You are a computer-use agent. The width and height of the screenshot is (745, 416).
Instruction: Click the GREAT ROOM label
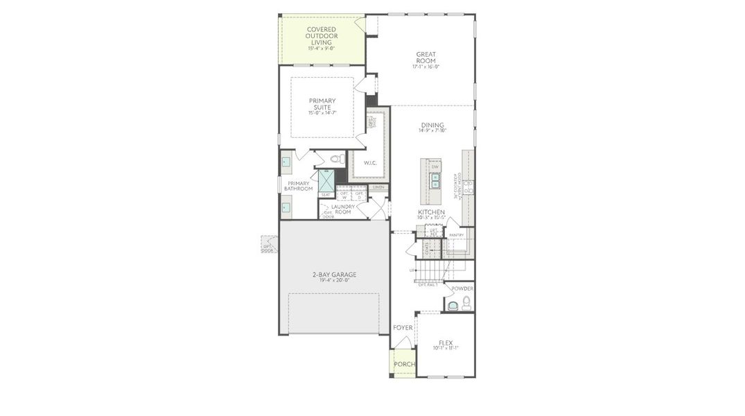point(426,57)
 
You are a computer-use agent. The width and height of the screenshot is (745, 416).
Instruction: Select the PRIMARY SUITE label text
point(322,104)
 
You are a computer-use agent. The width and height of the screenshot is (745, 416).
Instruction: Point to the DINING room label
point(432,125)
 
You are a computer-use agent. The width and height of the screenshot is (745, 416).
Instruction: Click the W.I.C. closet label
point(369,164)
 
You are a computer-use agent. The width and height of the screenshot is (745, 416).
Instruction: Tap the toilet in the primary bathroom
point(337,159)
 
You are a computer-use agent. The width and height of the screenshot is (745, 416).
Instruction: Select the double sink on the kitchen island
point(435,181)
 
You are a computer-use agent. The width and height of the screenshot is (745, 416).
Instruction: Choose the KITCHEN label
point(431,211)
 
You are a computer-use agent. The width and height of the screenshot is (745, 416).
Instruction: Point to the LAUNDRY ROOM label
point(343,209)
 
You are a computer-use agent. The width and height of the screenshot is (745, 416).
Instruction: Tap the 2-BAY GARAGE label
point(334,275)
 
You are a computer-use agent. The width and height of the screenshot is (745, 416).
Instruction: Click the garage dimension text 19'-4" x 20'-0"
point(334,281)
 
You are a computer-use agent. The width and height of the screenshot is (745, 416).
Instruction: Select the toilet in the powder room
point(466,302)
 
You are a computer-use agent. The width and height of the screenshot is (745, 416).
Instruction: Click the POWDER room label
point(462,288)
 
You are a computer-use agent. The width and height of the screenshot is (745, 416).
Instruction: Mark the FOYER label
point(403,327)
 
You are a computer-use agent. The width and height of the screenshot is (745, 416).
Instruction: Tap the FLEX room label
point(446,343)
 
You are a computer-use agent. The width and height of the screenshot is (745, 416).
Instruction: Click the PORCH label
point(403,364)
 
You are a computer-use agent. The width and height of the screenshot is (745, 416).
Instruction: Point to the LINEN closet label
point(378,187)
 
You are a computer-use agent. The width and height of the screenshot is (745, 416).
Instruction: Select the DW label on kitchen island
point(435,167)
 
